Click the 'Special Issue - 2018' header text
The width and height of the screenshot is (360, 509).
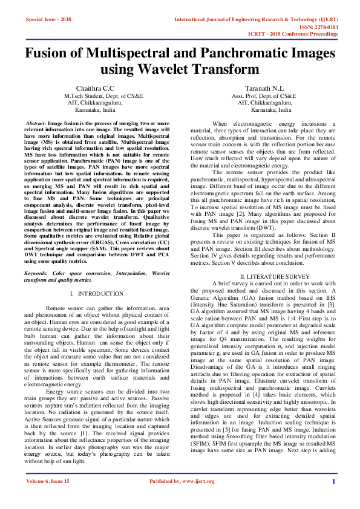(48, 19)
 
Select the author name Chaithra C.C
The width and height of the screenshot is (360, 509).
(94, 88)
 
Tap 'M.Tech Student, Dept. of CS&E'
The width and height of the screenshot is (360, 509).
(95, 96)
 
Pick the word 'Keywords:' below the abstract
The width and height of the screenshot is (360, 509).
(38, 274)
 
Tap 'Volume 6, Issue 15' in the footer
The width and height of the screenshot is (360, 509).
(48, 498)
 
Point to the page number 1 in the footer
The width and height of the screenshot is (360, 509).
(333, 498)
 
